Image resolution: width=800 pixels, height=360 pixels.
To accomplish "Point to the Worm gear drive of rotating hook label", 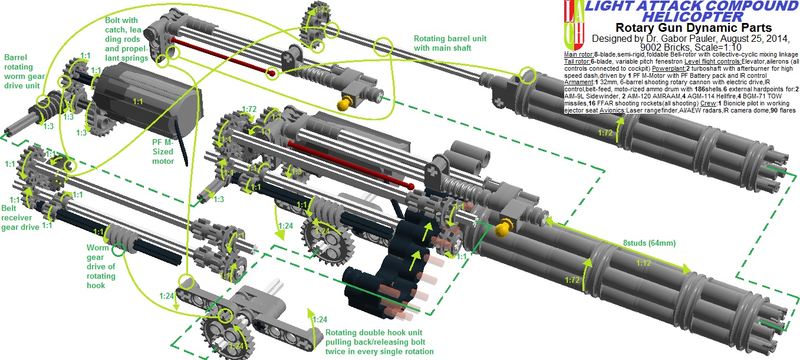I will click(101, 264).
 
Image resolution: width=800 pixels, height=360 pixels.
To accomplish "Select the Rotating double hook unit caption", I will click(380, 342).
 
